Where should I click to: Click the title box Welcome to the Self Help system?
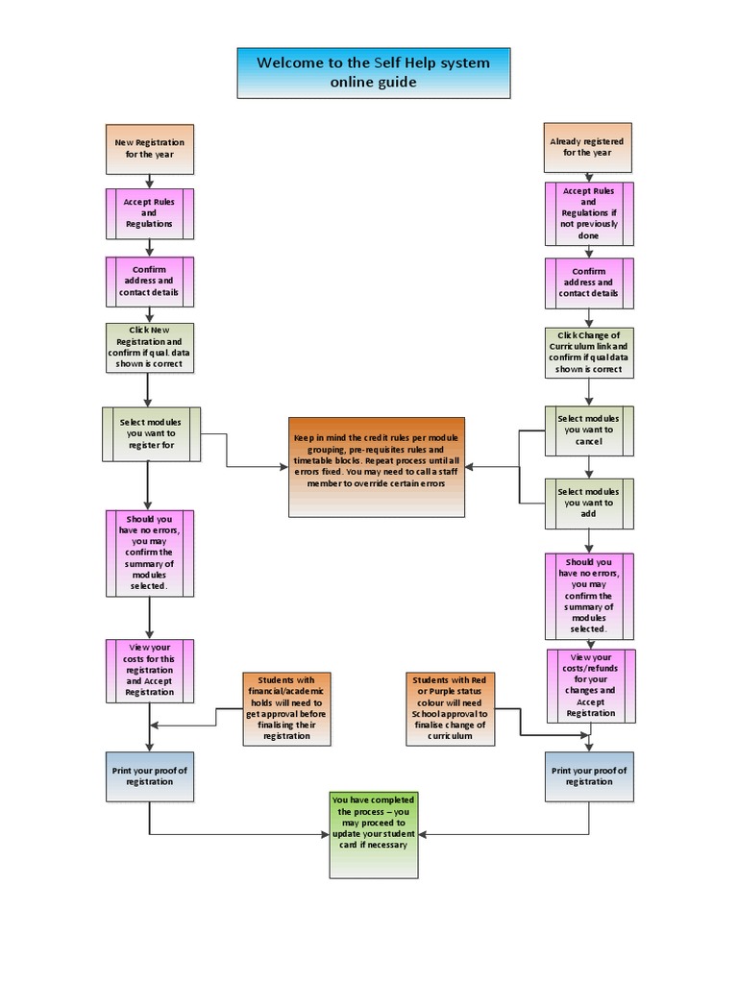point(373,73)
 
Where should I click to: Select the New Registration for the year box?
point(149,148)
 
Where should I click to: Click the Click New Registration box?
point(149,346)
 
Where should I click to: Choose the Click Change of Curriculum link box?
point(589,352)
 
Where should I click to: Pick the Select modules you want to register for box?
point(149,432)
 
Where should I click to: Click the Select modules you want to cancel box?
point(589,430)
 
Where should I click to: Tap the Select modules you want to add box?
point(589,503)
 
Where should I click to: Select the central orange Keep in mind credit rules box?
point(377,467)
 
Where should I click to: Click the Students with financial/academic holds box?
point(286,709)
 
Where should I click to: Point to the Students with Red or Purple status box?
point(450,709)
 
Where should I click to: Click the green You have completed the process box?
point(374,834)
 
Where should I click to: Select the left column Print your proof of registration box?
point(149,776)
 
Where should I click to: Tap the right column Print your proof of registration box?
point(589,776)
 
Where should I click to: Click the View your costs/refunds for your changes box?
point(590,686)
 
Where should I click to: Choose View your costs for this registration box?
point(149,670)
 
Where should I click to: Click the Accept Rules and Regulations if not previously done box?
point(589,213)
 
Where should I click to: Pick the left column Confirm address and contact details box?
point(149,281)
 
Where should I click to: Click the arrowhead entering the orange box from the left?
point(284,467)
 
